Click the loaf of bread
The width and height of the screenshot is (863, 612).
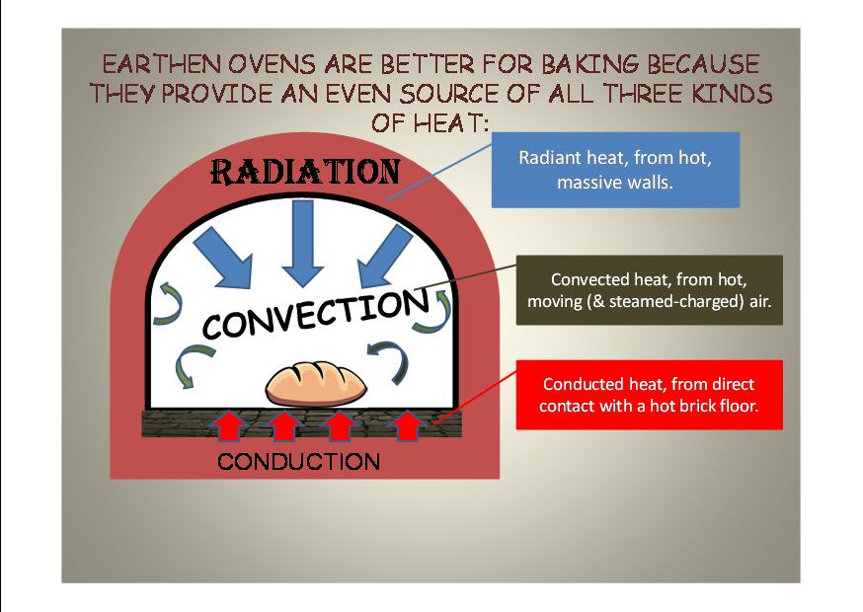(x=316, y=384)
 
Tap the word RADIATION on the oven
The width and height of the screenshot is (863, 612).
(x=305, y=172)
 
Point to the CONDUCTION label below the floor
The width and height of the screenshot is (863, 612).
(x=299, y=461)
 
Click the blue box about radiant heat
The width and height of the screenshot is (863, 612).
(x=615, y=170)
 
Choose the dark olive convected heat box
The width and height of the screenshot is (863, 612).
(x=650, y=290)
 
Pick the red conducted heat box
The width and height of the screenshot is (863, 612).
(x=650, y=395)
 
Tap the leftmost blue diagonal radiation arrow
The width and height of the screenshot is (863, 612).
(x=223, y=258)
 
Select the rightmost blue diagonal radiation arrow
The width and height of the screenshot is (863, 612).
(x=385, y=257)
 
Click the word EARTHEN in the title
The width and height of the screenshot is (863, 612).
(x=162, y=64)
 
